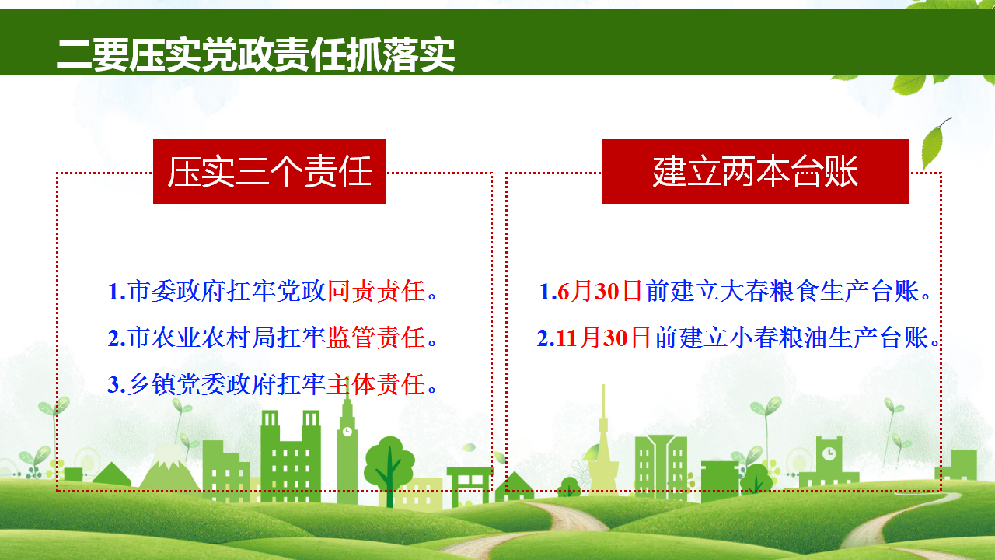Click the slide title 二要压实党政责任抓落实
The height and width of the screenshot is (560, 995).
click(x=256, y=54)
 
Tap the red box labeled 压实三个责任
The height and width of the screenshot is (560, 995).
click(x=269, y=172)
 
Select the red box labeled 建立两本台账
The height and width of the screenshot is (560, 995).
click(x=756, y=172)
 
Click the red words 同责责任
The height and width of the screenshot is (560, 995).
click(x=377, y=292)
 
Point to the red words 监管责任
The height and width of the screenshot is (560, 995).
click(x=377, y=338)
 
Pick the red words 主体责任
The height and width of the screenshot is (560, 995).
click(x=377, y=384)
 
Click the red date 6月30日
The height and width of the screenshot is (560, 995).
click(x=599, y=292)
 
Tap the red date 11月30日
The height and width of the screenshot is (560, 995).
click(x=602, y=338)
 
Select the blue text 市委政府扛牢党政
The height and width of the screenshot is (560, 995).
click(x=227, y=292)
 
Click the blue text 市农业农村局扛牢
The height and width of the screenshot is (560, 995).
click(x=227, y=338)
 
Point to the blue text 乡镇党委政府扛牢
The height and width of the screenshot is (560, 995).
click(x=227, y=384)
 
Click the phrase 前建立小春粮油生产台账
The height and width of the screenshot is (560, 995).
click(x=791, y=338)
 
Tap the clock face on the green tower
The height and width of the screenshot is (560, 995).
click(x=347, y=431)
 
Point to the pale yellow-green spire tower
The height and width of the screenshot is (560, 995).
click(x=602, y=440)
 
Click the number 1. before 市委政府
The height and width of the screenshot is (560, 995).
click(x=117, y=292)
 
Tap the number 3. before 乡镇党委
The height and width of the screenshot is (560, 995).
click(x=117, y=385)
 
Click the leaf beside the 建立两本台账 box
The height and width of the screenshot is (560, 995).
click(x=933, y=145)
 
